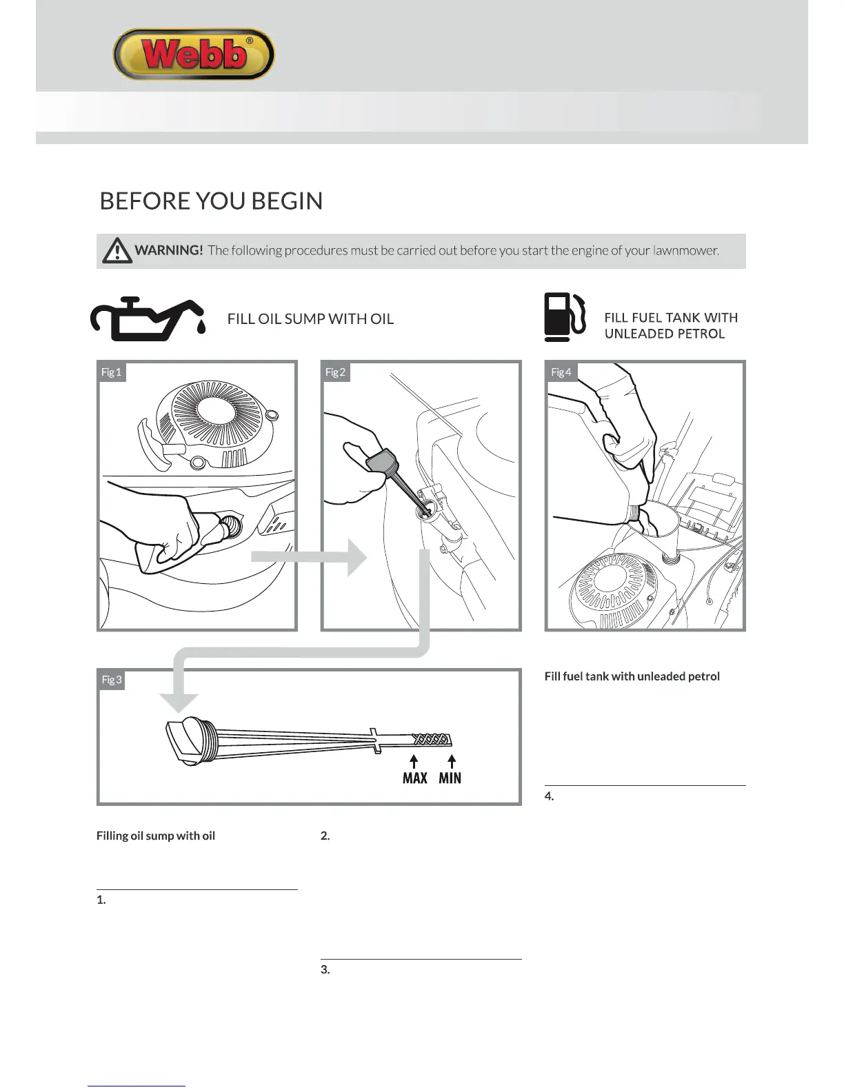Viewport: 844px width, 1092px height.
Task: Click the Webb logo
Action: point(194,54)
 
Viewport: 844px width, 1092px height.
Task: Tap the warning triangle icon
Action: point(117,250)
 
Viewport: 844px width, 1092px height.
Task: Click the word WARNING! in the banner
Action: point(169,250)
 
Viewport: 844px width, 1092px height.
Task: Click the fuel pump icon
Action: point(564,317)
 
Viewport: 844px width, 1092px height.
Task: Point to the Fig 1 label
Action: point(111,372)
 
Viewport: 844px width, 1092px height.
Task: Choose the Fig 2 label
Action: point(335,372)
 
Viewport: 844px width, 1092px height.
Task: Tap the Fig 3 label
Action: point(112,680)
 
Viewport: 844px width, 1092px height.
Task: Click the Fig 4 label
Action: point(561,372)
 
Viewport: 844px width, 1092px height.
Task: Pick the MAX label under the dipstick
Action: point(414,778)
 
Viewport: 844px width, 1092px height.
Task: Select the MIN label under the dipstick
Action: point(450,778)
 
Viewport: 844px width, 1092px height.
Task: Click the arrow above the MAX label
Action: point(414,761)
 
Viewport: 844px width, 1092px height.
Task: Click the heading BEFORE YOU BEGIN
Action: point(211,201)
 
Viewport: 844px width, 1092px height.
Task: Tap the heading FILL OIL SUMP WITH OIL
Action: point(310,319)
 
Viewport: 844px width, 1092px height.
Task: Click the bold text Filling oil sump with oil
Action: point(156,836)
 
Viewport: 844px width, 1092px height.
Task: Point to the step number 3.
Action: point(325,970)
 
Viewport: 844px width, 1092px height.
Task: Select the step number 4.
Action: point(549,796)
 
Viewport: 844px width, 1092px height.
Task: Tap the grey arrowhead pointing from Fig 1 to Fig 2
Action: point(356,557)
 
